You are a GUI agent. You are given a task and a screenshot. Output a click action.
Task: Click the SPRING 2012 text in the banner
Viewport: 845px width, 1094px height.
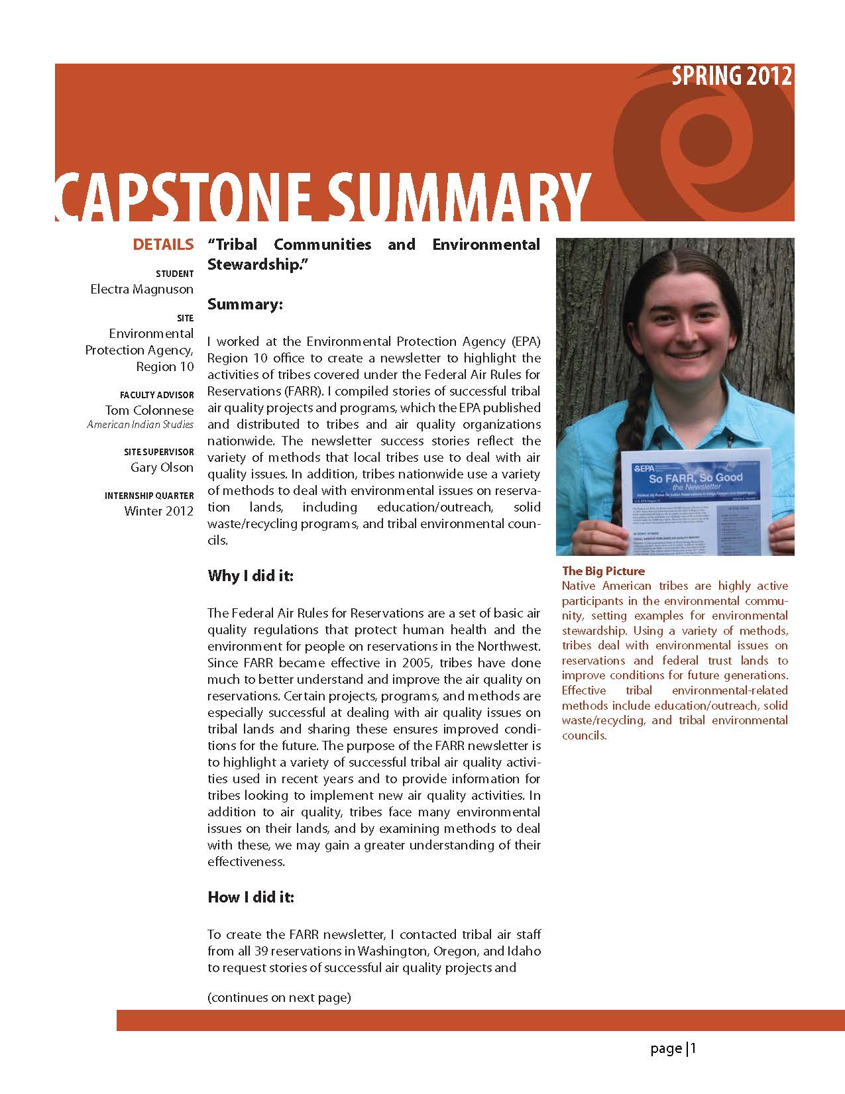click(731, 76)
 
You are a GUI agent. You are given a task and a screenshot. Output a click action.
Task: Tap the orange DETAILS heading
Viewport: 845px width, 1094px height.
click(163, 245)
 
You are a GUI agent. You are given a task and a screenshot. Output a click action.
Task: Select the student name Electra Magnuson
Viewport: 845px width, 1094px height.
click(142, 290)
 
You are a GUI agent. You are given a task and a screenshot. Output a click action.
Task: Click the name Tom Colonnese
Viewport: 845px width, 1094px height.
click(149, 410)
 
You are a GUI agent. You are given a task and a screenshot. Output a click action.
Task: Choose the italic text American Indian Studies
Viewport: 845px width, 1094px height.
click(141, 425)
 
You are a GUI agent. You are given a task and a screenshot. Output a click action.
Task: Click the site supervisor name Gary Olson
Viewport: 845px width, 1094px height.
click(162, 467)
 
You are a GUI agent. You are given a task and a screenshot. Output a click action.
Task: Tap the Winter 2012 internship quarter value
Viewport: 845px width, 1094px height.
click(159, 511)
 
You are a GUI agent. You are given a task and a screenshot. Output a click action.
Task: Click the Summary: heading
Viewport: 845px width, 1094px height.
click(245, 304)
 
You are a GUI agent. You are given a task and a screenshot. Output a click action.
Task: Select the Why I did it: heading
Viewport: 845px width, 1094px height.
click(250, 575)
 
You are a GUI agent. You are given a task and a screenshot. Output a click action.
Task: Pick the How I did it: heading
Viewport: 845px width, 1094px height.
click(251, 897)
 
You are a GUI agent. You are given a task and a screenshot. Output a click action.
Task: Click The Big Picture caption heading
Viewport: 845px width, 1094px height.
click(603, 571)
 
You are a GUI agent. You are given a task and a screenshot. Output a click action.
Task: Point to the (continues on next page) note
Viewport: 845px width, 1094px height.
click(279, 997)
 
